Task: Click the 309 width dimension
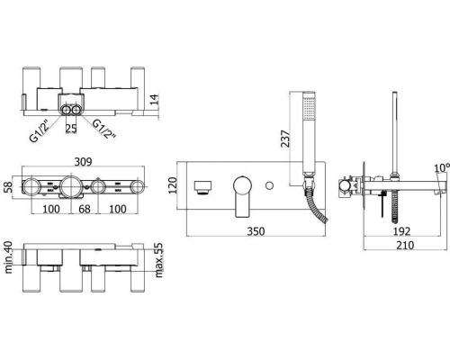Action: point(83,162)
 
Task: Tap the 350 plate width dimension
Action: point(256,231)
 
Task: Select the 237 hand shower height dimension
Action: point(285,139)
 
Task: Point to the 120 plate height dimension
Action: point(173,185)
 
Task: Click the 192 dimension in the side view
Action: point(401,231)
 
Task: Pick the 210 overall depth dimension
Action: point(405,245)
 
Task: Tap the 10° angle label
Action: point(442,168)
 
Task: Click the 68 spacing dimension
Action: point(85,209)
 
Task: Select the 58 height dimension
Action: point(8,187)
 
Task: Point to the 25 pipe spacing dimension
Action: point(71,129)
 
